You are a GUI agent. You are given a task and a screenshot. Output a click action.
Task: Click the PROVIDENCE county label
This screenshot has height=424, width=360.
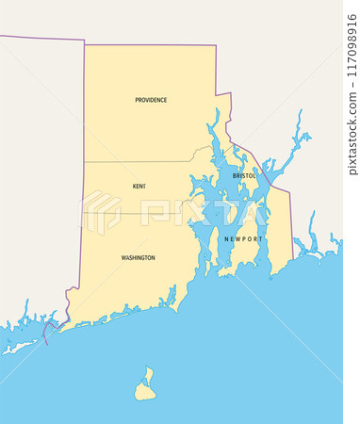151,100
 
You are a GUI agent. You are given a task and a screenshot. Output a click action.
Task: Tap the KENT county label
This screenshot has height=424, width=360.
139,187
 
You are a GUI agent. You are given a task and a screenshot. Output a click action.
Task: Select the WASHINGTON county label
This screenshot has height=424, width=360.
138,257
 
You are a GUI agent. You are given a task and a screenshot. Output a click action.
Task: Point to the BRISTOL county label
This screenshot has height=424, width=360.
244,176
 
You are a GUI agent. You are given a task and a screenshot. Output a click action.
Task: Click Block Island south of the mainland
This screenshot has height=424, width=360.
144,386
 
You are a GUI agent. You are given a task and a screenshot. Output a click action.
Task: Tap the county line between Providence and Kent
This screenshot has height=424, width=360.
141,161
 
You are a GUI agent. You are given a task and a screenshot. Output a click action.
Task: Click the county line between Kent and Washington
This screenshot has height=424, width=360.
141,212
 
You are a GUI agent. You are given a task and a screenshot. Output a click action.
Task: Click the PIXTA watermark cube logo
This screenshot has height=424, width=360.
101,212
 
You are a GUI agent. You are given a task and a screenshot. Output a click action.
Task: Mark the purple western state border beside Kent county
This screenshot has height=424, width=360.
84,188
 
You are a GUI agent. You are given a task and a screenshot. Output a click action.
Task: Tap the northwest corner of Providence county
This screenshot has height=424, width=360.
85,44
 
